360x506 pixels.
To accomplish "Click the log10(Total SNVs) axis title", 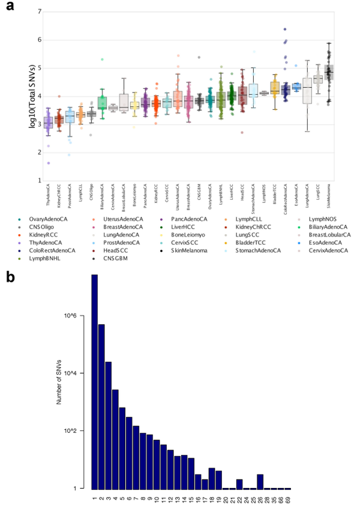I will point(22,95).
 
